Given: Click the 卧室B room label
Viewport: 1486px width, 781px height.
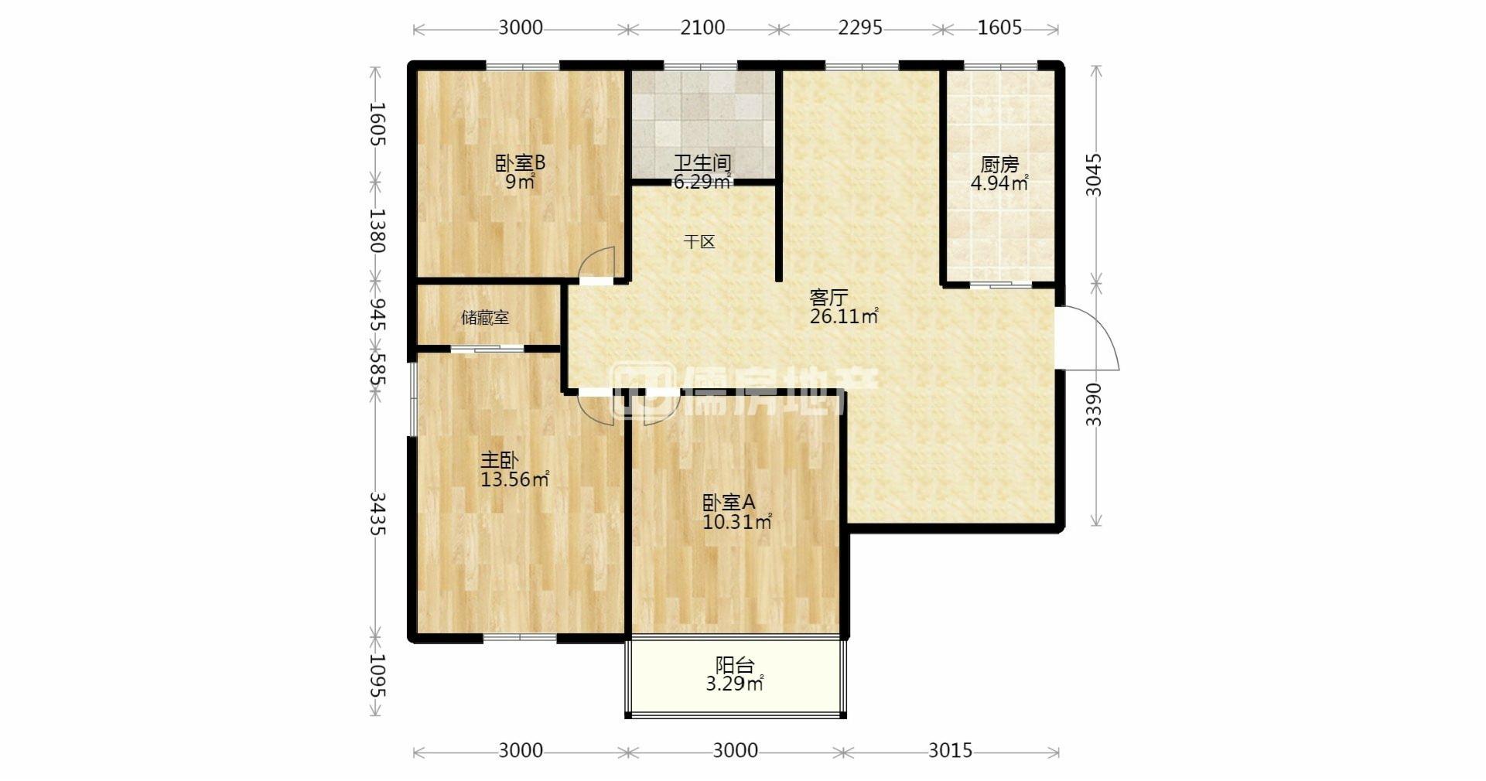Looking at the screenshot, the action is (x=521, y=163).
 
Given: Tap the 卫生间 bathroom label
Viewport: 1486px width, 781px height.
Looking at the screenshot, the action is (x=702, y=163).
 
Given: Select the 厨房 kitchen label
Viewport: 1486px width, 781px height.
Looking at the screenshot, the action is (x=999, y=165).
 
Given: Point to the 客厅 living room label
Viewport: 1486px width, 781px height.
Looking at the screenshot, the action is (x=828, y=297).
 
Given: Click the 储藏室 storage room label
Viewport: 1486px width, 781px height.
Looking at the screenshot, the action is (x=485, y=318).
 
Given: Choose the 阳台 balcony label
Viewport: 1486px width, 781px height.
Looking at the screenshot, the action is (x=735, y=665).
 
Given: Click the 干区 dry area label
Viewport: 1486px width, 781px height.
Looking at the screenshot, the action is (x=699, y=242).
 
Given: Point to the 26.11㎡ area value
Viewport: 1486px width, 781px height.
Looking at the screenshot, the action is (x=844, y=315).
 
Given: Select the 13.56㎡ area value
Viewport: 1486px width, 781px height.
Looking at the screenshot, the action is (x=515, y=479).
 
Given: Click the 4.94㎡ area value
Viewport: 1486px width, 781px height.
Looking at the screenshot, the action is (x=999, y=183).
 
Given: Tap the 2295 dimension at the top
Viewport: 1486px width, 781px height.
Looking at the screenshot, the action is (x=860, y=28).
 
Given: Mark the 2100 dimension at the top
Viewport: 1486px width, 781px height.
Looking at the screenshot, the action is (x=702, y=28).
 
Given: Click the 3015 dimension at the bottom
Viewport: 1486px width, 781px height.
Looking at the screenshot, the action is (x=950, y=750).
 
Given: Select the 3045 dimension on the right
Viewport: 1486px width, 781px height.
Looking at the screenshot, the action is (x=1093, y=175).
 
